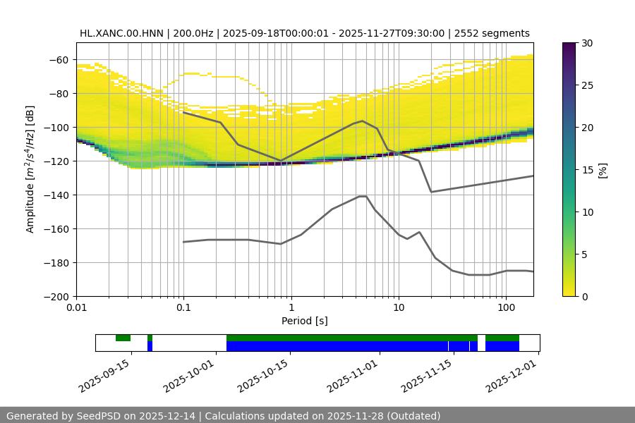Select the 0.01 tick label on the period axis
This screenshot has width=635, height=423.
[x=76, y=307]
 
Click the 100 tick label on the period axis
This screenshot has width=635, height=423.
[x=505, y=307]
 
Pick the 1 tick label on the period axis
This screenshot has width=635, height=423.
[x=291, y=307]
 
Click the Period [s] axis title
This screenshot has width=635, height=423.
[x=305, y=321]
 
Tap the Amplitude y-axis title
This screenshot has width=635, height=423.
[x=30, y=169]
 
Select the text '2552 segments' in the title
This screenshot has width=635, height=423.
[x=492, y=33]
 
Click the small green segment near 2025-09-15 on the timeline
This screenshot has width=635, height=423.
[x=123, y=338]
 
